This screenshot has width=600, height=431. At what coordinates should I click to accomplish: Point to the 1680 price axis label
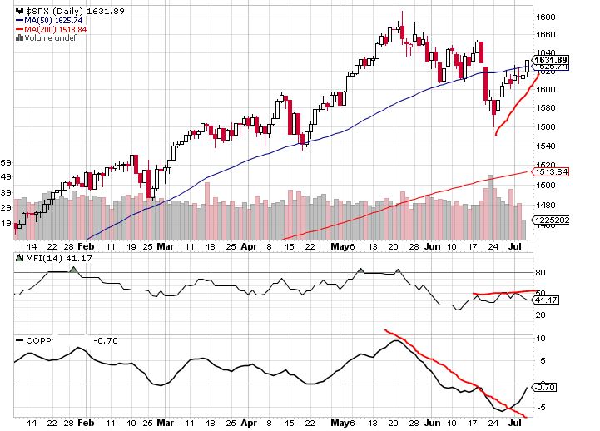547,17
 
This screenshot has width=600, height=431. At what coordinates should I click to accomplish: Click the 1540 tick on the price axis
547,146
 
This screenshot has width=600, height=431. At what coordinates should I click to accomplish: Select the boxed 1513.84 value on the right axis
550,171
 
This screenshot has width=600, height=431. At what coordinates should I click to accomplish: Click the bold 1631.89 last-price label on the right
551,60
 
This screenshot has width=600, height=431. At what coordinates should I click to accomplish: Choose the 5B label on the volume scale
7,162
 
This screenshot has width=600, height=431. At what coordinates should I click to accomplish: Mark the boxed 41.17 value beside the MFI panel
547,300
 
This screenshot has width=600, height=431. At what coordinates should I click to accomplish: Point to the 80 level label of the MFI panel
539,271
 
